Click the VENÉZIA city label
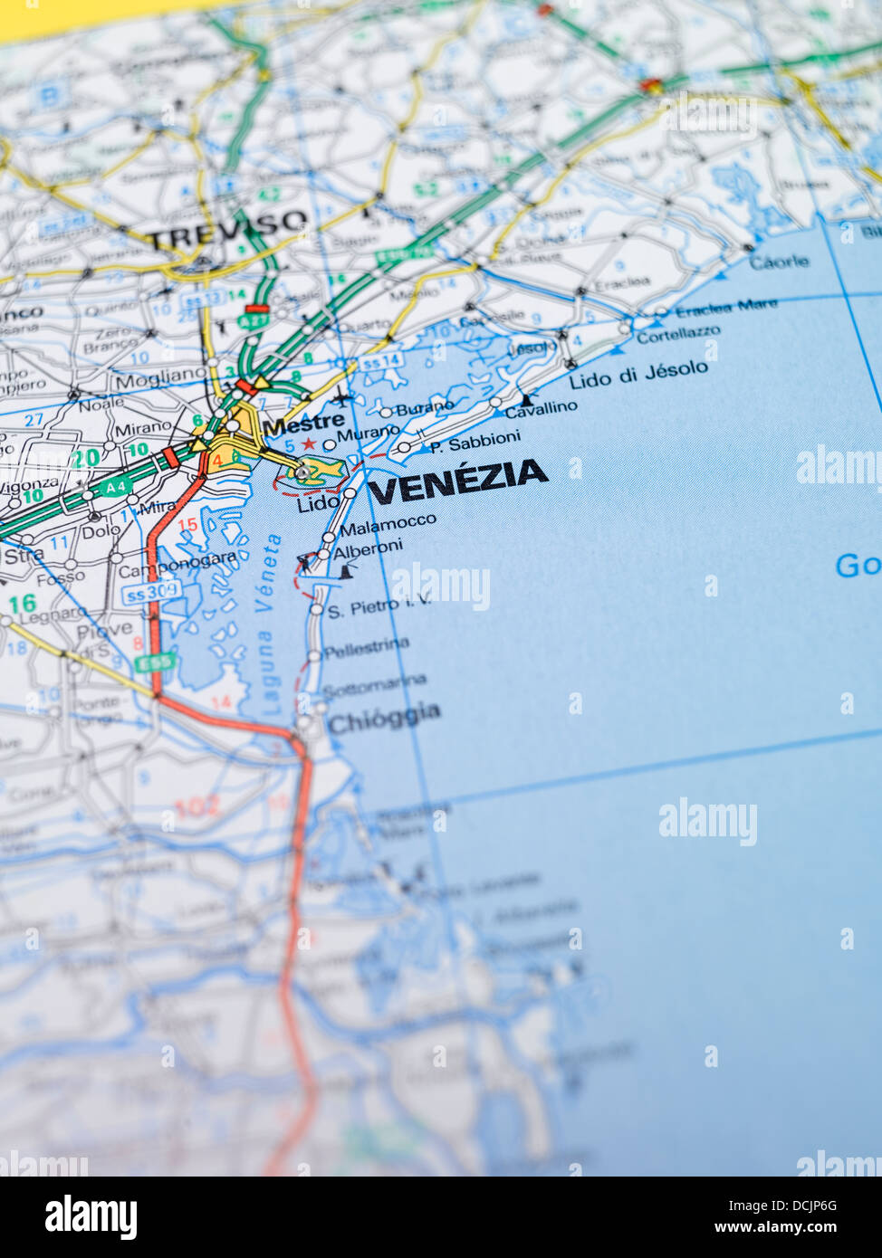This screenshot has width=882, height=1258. point(458,481)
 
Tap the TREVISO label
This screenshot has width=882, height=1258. point(227,232)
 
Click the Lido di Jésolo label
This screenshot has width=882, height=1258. point(638,375)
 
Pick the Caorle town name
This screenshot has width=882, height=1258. point(779,262)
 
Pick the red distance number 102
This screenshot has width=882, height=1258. point(197,806)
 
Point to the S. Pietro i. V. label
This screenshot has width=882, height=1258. point(379,606)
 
